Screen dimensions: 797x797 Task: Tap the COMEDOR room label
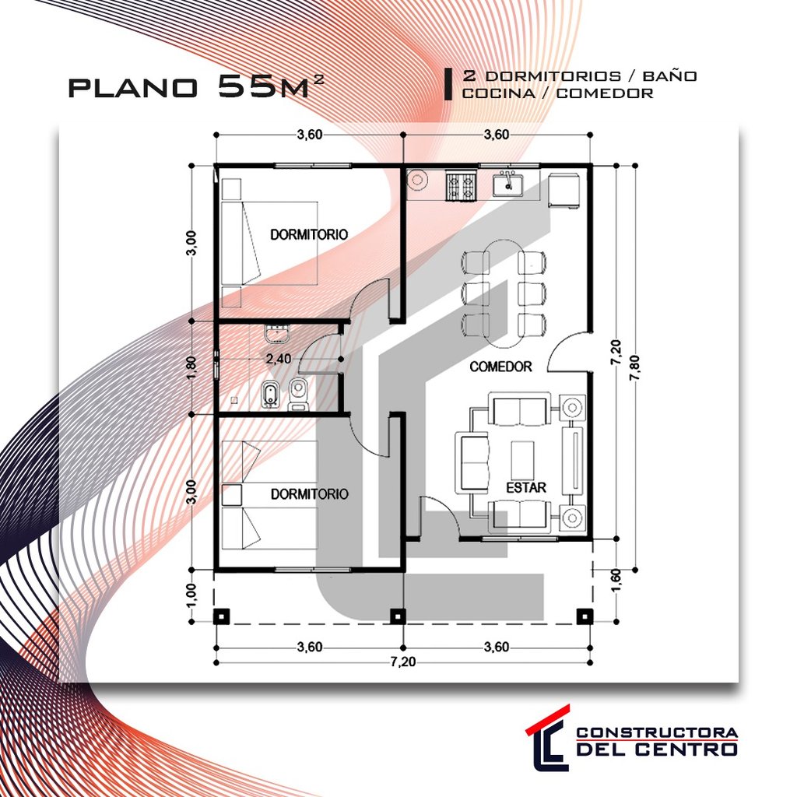click(x=500, y=367)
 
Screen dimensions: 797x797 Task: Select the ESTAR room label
click(x=525, y=488)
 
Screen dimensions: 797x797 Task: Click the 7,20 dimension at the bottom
click(x=402, y=662)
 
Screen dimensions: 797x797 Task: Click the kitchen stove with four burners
click(x=460, y=186)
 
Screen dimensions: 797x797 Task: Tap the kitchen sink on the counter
click(x=507, y=185)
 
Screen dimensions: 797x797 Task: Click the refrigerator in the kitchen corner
click(x=564, y=190)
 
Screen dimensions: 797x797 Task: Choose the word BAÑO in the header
click(x=671, y=76)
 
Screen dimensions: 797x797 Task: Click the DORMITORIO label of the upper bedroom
click(x=308, y=233)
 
